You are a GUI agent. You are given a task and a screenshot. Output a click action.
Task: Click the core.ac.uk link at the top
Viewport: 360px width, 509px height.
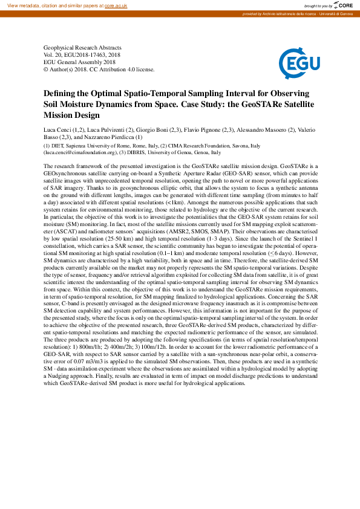tap(117, 5)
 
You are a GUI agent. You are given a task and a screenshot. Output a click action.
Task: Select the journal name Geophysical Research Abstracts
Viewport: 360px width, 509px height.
tap(82, 47)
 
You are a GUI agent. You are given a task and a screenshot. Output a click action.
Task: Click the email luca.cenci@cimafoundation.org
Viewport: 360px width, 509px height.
tap(77, 152)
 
